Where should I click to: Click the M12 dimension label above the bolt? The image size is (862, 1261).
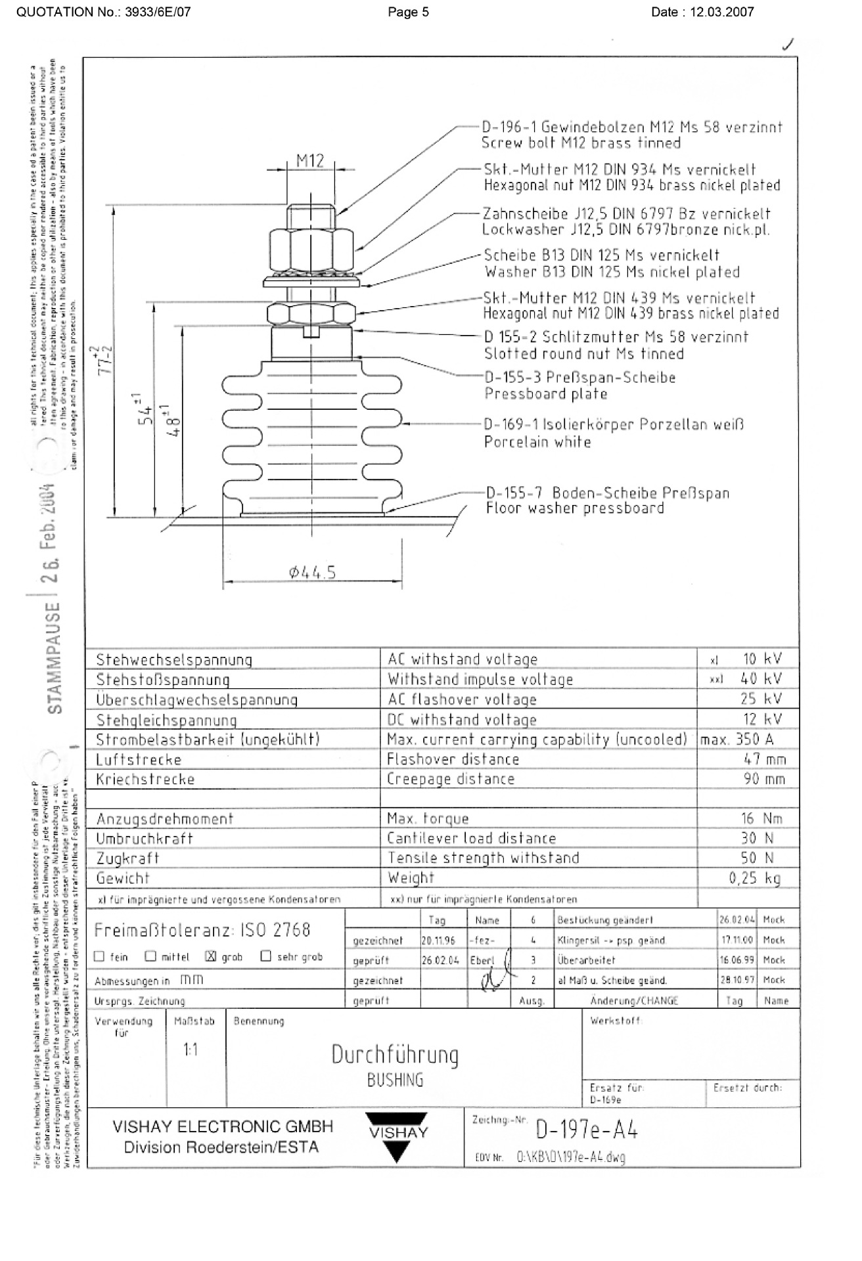click(x=310, y=160)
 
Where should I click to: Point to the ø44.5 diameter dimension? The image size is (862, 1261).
click(x=312, y=573)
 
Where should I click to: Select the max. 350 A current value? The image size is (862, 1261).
click(x=737, y=739)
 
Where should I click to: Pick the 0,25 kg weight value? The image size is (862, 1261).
click(x=755, y=878)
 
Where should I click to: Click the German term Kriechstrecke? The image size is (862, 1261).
click(x=145, y=780)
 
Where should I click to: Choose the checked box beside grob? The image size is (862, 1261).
click(x=210, y=956)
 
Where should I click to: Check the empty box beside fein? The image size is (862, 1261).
click(x=100, y=956)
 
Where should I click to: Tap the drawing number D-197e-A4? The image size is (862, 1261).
click(x=587, y=1130)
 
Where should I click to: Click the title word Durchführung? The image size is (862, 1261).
click(x=395, y=1055)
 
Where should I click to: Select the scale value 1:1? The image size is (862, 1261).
click(x=191, y=1050)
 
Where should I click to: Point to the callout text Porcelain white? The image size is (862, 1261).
click(x=537, y=442)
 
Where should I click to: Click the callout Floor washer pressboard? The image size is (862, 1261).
click(x=575, y=508)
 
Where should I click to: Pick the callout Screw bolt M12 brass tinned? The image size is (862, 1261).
click(x=581, y=143)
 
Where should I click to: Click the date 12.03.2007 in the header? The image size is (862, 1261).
click(x=722, y=12)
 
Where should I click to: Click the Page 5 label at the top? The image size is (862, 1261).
click(x=408, y=12)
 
